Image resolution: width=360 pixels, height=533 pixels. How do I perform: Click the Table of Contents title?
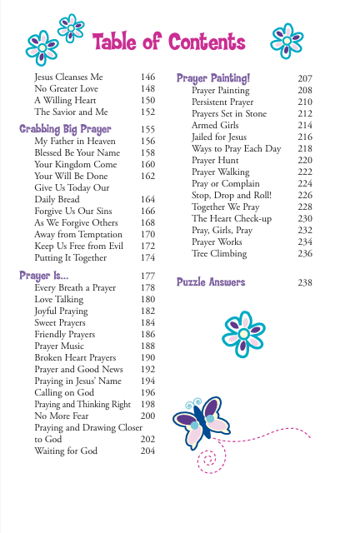(x=169, y=42)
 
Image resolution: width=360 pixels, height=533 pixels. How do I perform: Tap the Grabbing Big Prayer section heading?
(x=65, y=129)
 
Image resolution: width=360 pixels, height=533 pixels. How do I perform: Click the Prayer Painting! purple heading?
(x=213, y=78)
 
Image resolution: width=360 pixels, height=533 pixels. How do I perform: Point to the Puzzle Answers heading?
(x=211, y=282)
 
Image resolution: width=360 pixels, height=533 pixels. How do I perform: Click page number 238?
(x=305, y=283)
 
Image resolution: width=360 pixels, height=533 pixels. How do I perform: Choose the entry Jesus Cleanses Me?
(x=64, y=76)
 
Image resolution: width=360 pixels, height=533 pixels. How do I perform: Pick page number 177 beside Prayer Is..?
(x=148, y=276)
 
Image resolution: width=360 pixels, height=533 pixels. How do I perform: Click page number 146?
(x=148, y=76)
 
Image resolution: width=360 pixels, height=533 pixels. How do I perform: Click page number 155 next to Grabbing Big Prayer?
(x=148, y=130)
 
